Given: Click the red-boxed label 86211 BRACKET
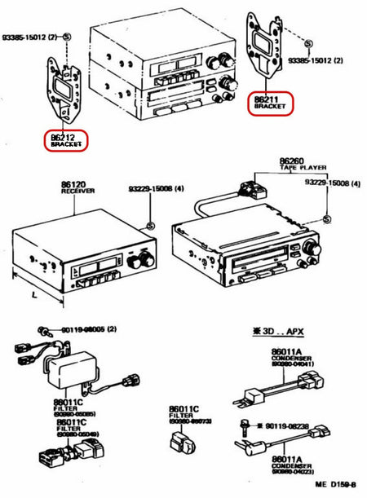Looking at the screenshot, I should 270,101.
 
